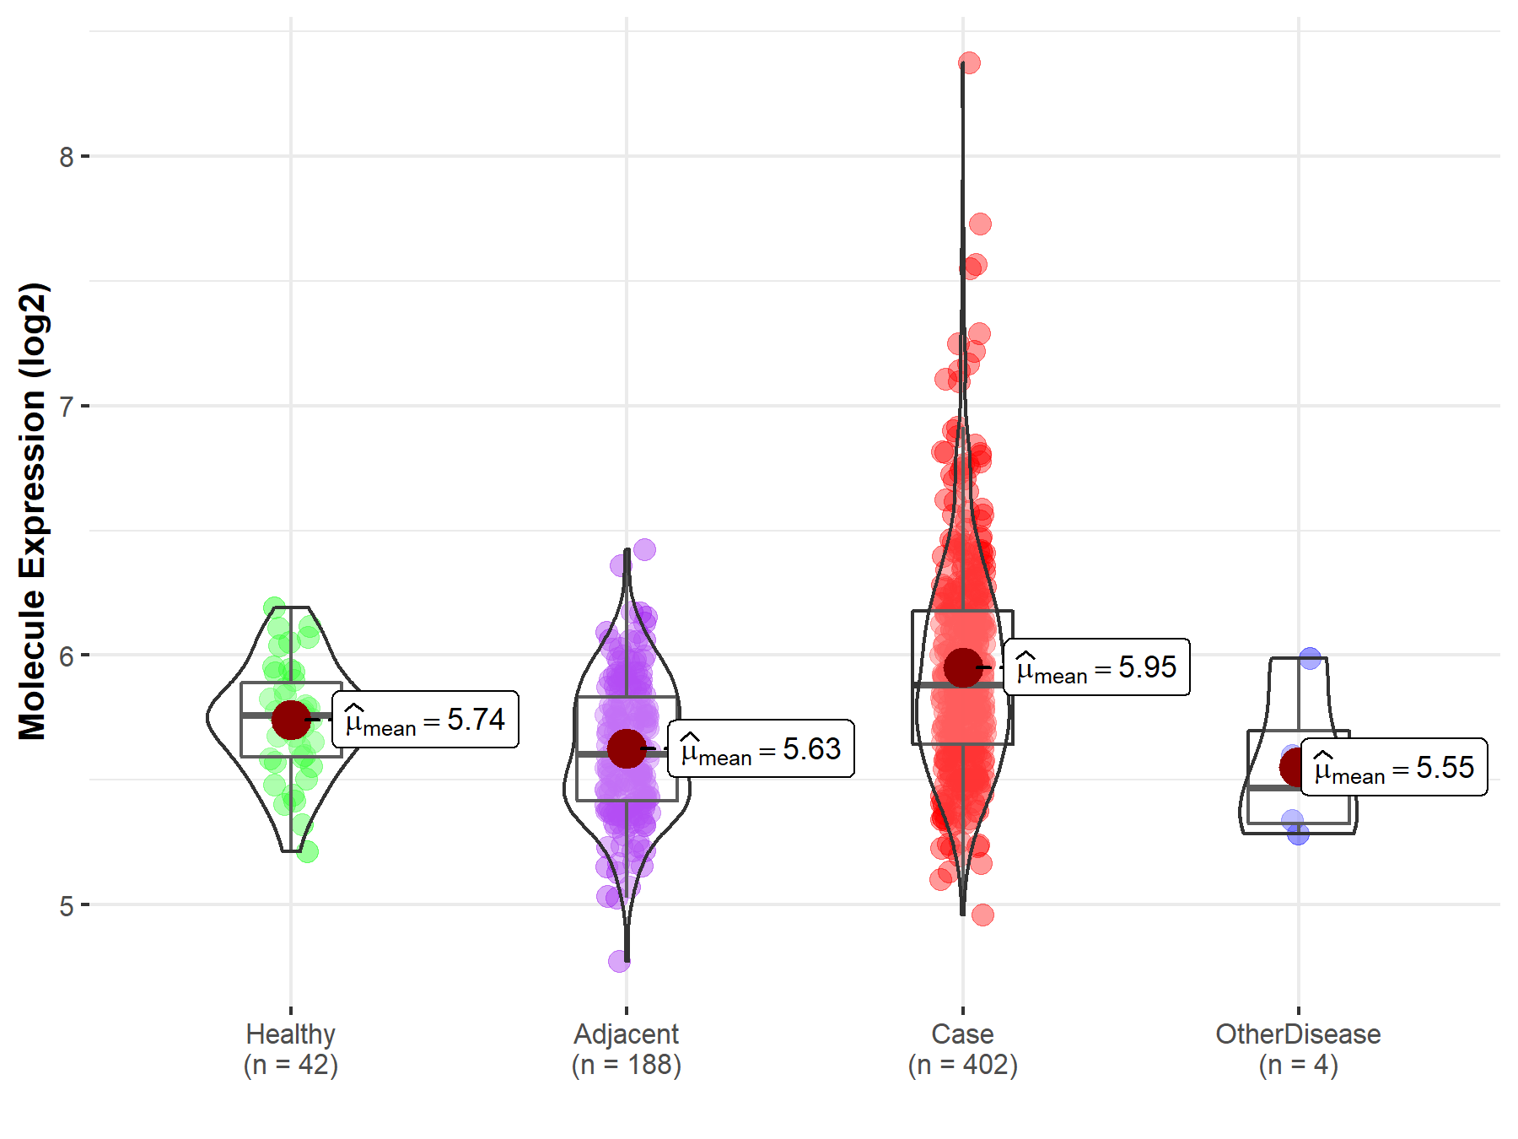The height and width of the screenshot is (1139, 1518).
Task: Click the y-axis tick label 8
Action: pos(66,157)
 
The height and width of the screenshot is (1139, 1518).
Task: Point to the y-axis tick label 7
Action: pos(66,407)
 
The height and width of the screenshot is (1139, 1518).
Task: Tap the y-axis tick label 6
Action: pos(66,656)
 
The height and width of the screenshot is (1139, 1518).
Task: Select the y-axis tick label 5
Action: pos(66,906)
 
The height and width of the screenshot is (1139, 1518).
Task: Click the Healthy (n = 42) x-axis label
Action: pos(291,1049)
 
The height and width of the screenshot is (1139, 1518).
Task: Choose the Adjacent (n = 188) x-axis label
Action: pos(627,1049)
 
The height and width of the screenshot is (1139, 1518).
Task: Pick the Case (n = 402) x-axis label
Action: pos(963,1049)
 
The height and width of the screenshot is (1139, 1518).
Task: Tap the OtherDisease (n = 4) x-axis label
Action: pos(1298,1049)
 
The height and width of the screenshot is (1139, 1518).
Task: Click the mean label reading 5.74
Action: pos(425,720)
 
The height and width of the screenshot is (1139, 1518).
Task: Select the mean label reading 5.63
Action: pos(761,748)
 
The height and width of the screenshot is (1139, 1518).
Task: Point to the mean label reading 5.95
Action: pos(1096,667)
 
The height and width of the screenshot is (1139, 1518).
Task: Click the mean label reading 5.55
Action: pos(1394,768)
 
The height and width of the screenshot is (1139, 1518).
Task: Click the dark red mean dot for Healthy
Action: pos(291,719)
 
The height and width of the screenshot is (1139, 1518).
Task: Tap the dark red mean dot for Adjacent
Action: pos(627,748)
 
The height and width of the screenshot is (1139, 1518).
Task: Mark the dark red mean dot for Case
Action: pos(963,667)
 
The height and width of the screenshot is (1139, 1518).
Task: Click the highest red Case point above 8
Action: pos(969,62)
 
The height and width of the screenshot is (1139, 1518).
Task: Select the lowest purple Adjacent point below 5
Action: pos(619,960)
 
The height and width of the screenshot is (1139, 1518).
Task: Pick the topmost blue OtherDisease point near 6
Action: pos(1310,658)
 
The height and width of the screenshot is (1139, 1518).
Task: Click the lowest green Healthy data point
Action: pos(308,852)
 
